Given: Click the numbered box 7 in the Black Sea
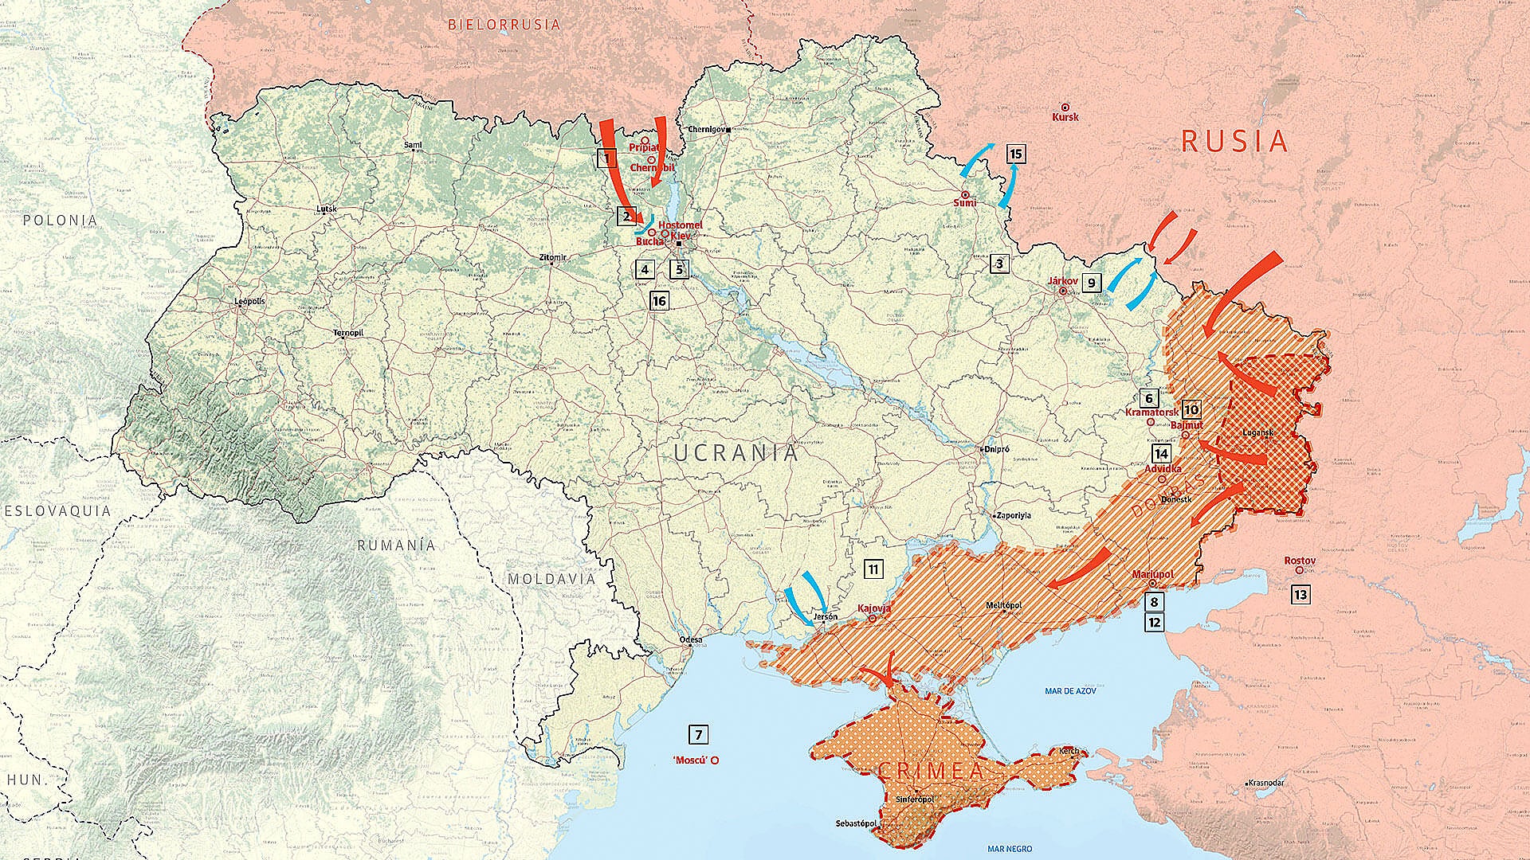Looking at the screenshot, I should (x=698, y=735).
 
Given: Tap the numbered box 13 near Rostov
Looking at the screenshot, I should (x=1300, y=594).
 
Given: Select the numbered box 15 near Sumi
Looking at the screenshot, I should (x=1015, y=154).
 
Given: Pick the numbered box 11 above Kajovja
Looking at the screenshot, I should (x=873, y=569).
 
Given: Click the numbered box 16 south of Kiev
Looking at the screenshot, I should (x=658, y=301).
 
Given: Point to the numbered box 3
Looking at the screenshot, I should (x=999, y=263).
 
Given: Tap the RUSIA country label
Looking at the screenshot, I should (x=1234, y=142).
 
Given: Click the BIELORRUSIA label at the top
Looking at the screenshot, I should (x=504, y=25).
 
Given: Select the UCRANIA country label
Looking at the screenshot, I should (x=736, y=453).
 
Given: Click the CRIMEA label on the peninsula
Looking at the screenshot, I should (x=931, y=771).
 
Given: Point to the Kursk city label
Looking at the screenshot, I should (x=1065, y=117).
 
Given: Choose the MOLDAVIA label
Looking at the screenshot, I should (x=551, y=579).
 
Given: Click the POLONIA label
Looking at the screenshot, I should (x=60, y=220).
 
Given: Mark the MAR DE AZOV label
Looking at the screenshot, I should (x=1069, y=691).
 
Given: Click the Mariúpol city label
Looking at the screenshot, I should (x=1152, y=574).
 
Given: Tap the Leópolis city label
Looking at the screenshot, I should (x=249, y=302).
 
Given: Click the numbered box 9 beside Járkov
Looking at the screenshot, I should (x=1091, y=282).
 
